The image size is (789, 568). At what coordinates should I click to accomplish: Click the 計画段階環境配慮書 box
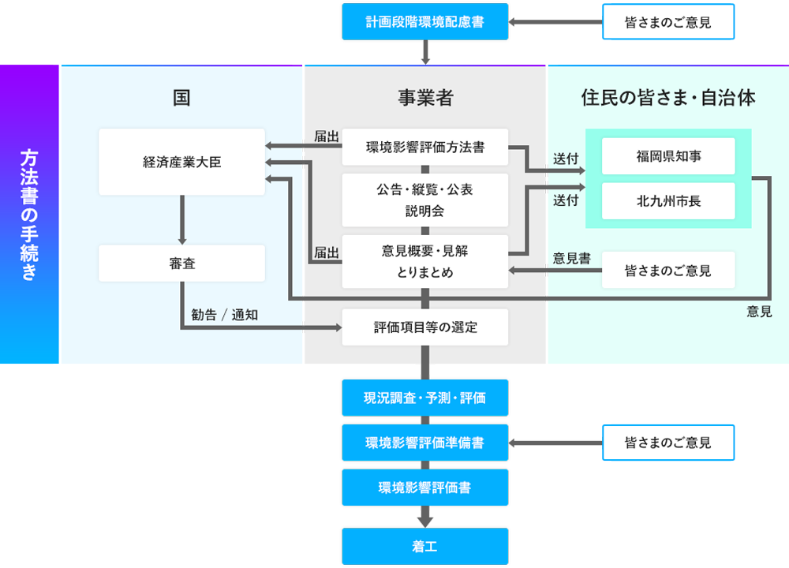click(x=424, y=22)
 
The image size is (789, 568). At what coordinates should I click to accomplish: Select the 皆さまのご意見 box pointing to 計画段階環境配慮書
click(x=667, y=22)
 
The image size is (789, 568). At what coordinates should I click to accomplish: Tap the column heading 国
click(x=182, y=98)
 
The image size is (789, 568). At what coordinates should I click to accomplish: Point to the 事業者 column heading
click(x=424, y=98)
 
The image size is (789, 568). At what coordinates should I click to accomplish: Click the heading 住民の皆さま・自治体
click(x=667, y=98)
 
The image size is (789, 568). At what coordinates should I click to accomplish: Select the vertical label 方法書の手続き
click(x=29, y=215)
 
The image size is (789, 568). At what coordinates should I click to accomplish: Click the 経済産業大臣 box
click(x=182, y=162)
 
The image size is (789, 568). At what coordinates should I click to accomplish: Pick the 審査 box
click(x=182, y=263)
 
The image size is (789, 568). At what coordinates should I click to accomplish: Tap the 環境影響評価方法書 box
click(x=424, y=147)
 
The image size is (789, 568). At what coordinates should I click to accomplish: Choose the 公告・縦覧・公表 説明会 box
click(x=424, y=200)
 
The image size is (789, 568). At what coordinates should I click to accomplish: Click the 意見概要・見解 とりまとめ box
click(x=424, y=261)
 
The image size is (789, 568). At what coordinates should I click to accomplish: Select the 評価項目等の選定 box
click(x=424, y=327)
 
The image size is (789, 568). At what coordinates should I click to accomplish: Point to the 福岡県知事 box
click(x=667, y=156)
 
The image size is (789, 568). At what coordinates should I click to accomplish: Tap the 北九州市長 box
click(x=667, y=201)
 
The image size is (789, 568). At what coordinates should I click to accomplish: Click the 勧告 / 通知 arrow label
click(x=225, y=314)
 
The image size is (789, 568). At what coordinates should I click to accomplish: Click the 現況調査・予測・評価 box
click(x=424, y=398)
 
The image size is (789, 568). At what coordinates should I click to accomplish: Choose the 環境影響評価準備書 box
click(x=424, y=443)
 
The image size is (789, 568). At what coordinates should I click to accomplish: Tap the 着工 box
click(x=424, y=546)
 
